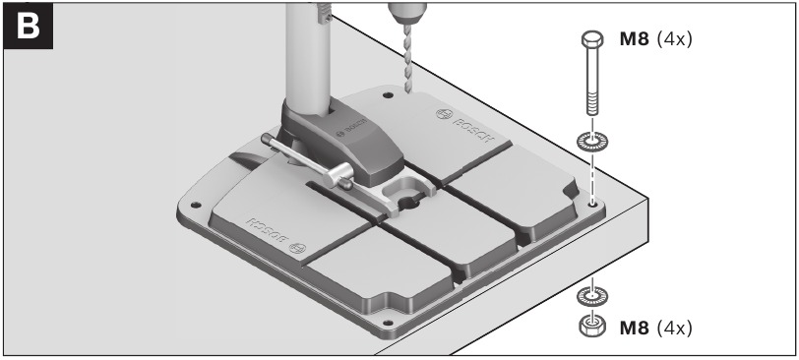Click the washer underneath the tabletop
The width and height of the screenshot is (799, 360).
pyautogui.click(x=591, y=294)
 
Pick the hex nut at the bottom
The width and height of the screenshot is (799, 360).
pyautogui.click(x=591, y=326)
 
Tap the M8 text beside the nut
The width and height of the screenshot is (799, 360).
pyautogui.click(x=635, y=327)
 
